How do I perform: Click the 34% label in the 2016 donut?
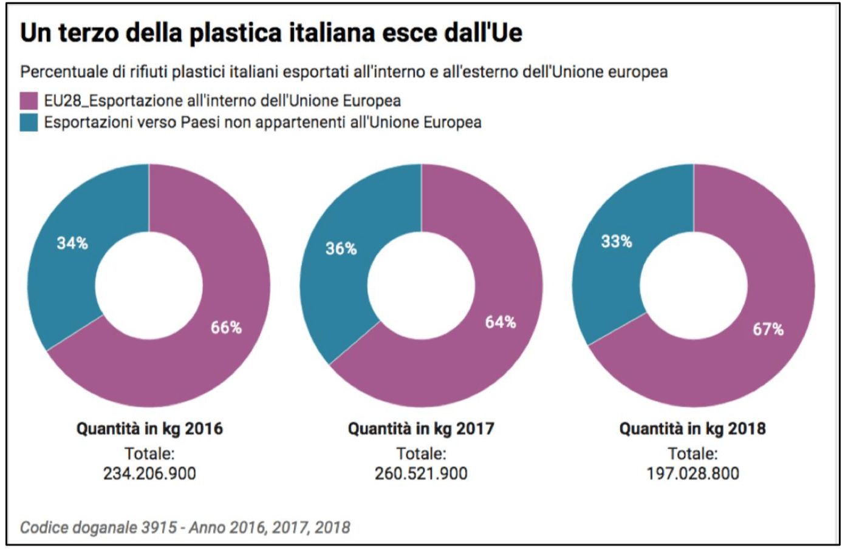72,243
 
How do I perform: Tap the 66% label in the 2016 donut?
226,328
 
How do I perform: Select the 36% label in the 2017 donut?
341,249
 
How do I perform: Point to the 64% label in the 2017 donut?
500,322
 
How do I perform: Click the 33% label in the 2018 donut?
616,242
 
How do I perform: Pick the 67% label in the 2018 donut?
768,330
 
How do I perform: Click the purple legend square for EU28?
29,101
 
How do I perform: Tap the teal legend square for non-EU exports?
29,123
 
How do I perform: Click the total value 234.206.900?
149,473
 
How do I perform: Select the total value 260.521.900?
421,473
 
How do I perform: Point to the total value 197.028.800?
692,473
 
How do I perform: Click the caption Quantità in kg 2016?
149,429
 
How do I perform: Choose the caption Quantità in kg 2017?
421,429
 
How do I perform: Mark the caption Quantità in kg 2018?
692,429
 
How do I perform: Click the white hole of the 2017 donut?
421,286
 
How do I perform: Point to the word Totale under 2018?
692,453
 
